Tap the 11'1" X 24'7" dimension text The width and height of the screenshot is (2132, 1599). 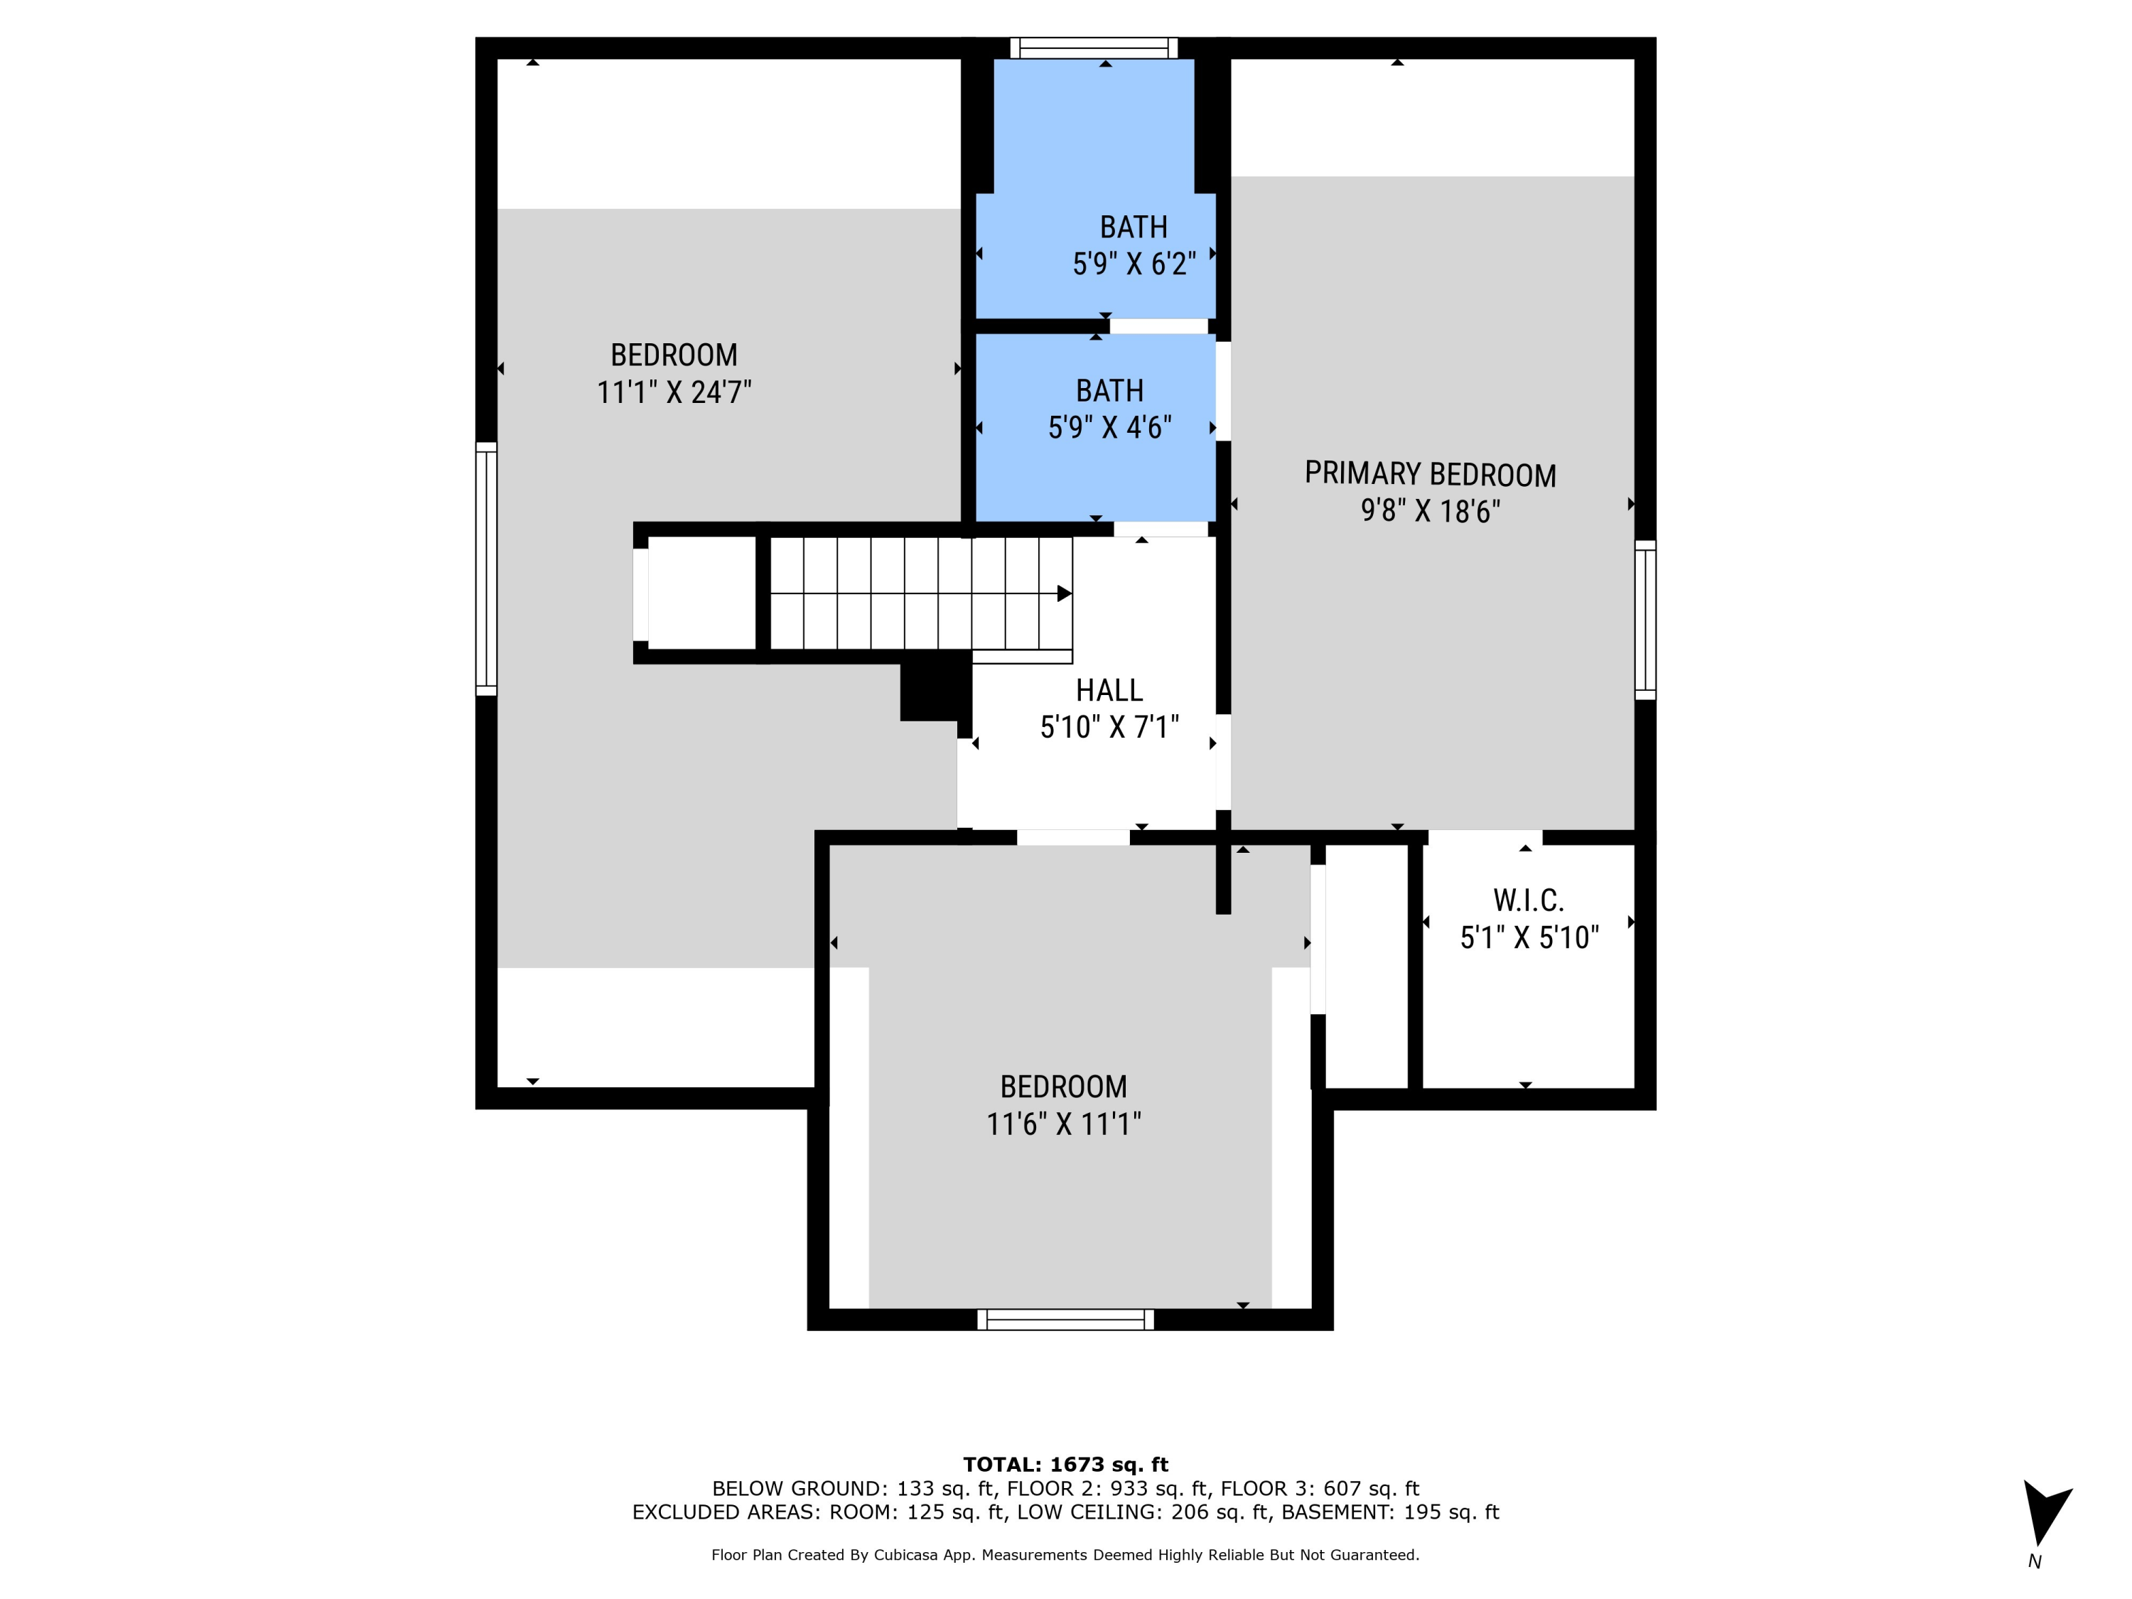[x=674, y=393]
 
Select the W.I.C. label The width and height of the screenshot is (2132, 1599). [x=1529, y=900]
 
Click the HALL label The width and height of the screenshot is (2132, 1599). [x=1109, y=690]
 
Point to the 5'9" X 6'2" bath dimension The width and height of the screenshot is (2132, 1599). [x=1134, y=264]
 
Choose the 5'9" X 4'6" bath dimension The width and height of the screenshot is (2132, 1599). [x=1109, y=428]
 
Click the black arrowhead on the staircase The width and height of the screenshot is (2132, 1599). [x=1064, y=593]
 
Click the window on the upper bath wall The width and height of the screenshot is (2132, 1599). [x=1094, y=48]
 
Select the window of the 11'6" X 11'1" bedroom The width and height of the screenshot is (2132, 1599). [x=1065, y=1320]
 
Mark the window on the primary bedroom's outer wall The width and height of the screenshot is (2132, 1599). [x=1645, y=620]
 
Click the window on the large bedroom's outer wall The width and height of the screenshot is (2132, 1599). [x=487, y=569]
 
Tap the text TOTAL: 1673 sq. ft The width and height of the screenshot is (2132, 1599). [x=1065, y=1465]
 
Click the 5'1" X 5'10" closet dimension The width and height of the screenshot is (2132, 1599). [x=1529, y=938]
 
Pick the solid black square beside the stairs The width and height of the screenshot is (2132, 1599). [x=934, y=685]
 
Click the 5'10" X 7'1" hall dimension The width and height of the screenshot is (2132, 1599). [x=1109, y=727]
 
